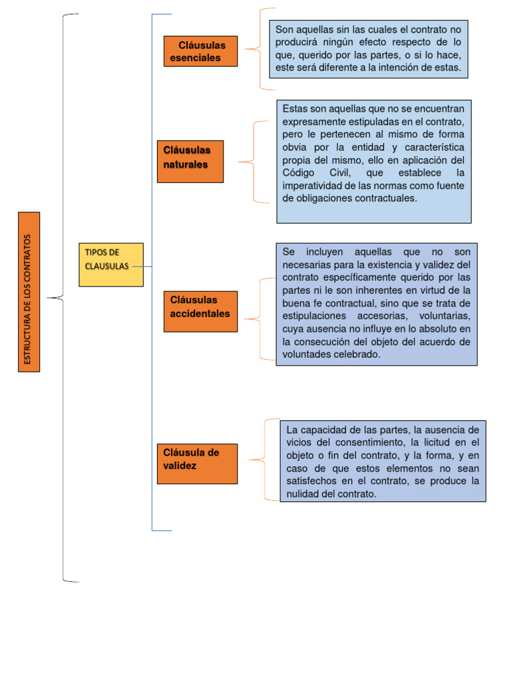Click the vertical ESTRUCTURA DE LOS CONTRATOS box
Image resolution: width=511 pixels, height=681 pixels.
pos(29,291)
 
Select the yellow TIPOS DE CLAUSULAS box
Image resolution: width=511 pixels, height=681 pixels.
pos(110,265)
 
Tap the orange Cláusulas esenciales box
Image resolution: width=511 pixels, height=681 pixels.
pos(200,51)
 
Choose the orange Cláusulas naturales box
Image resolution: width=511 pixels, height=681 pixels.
pos(190,161)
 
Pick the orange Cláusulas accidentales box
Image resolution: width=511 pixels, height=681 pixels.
pos(200,311)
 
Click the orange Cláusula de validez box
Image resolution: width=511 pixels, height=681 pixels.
pos(197,464)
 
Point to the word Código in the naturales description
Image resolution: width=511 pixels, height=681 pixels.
pos(299,173)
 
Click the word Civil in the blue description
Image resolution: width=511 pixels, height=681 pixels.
pos(359,173)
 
